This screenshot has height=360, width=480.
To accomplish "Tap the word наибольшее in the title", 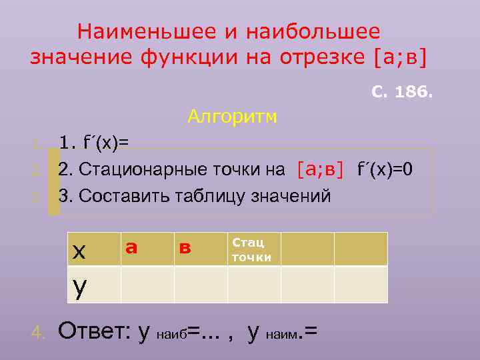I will click(x=313, y=31).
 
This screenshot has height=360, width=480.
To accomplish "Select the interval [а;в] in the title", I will click(x=396, y=57).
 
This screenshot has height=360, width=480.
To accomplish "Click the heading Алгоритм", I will click(x=233, y=117).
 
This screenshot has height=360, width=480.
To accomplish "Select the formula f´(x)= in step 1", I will click(x=103, y=143).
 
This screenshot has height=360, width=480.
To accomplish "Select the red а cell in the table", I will click(x=131, y=248).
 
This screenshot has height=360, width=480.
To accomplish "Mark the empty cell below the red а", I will click(x=147, y=285).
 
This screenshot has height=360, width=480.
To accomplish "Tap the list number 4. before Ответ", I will click(x=39, y=332).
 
